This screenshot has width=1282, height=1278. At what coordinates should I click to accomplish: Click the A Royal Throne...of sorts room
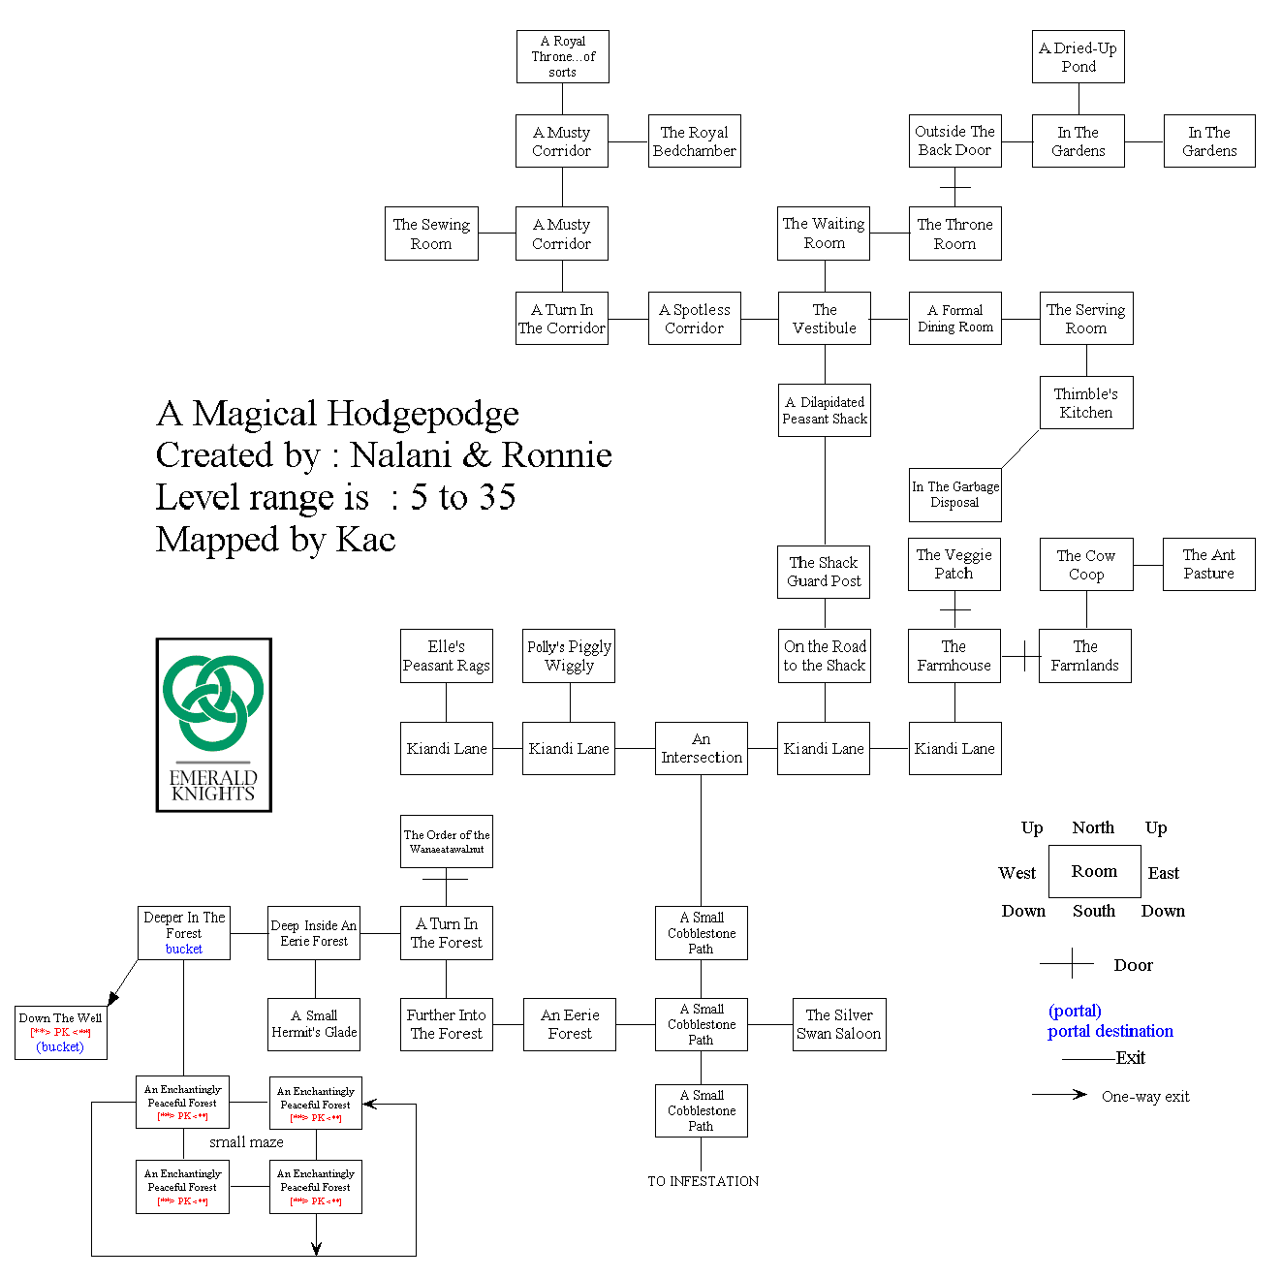coord(562,56)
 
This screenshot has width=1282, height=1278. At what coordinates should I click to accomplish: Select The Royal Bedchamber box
coord(694,141)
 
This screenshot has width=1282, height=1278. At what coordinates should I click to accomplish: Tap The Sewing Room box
coord(431,234)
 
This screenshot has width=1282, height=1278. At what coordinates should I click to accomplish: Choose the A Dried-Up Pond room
coord(1078,57)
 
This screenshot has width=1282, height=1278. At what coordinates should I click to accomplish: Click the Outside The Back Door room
coord(954,141)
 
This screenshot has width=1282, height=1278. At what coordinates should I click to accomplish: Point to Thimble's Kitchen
coord(1085,403)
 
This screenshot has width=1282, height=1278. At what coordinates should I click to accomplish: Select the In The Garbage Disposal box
coord(954,494)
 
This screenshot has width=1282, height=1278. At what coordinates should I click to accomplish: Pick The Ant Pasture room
coord(1208,564)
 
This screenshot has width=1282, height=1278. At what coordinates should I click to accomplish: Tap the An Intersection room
coord(701,748)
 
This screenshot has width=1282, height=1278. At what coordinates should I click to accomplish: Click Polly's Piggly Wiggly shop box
coord(569,656)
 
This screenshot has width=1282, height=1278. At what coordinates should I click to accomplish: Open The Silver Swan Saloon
coord(838,1025)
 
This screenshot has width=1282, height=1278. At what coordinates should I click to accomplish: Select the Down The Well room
coord(60,1033)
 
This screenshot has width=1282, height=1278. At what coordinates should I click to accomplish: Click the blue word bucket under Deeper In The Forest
coord(184,950)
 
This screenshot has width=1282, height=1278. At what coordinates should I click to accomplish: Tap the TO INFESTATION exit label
coord(703,1181)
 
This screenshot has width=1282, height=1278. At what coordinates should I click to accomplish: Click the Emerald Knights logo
coord(213,725)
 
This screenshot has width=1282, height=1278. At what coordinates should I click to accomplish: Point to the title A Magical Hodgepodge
coord(337,414)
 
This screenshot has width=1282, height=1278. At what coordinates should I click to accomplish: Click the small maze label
coord(246,1142)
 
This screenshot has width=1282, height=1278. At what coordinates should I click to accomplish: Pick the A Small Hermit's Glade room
coord(314,1025)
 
